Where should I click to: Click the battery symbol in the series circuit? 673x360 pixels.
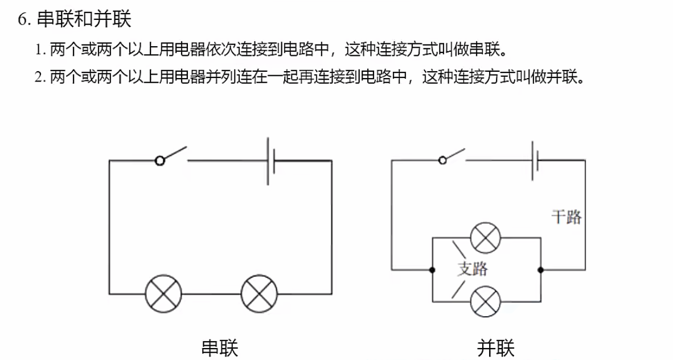tap(272, 160)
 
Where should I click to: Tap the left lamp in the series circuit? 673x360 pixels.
tap(163, 294)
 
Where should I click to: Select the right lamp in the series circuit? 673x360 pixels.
tap(259, 294)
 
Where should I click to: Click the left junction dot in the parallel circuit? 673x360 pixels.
tap(433, 269)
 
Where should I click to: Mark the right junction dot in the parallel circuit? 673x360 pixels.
tap(540, 269)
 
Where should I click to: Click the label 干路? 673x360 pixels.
tap(566, 216)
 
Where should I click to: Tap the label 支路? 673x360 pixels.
tap(472, 268)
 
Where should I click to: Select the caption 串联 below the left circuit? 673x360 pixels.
tap(220, 347)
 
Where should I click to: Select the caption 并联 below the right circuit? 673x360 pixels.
tap(496, 347)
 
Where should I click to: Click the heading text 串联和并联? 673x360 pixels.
tap(84, 20)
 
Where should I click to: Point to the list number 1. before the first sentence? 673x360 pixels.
tap(40, 50)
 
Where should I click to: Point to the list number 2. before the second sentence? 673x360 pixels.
tap(40, 77)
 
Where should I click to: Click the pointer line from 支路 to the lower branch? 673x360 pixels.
tap(458, 289)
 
